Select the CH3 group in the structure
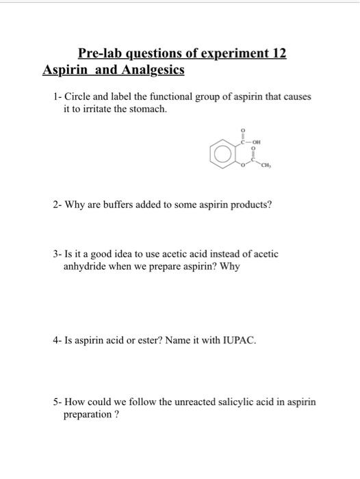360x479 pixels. click(x=264, y=166)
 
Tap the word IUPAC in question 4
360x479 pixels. click(x=239, y=339)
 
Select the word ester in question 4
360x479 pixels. click(x=149, y=339)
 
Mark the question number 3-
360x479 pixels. click(x=57, y=254)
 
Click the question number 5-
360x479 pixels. click(x=57, y=402)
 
